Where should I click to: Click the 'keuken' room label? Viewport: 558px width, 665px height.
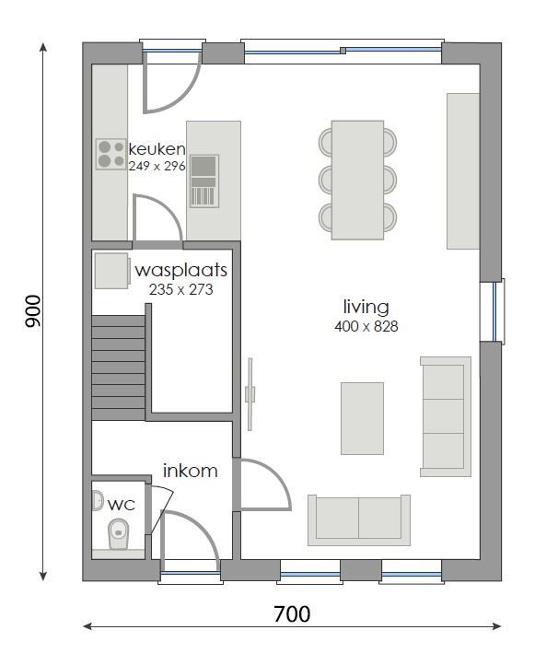point(157,149)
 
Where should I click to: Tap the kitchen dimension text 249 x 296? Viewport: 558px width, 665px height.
point(157,166)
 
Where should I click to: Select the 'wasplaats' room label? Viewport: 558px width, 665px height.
point(180,272)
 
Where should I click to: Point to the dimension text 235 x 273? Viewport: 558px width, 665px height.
point(180,288)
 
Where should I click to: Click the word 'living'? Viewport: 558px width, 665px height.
point(366,307)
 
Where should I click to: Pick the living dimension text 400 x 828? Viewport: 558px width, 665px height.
point(366,326)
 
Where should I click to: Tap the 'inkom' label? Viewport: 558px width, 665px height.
point(191,472)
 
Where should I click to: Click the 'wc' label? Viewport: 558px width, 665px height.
point(122,505)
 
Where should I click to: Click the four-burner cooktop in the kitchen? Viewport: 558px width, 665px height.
point(111,154)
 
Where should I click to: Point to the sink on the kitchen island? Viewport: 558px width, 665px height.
point(204,181)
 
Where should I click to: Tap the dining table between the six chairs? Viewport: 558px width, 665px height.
point(357,180)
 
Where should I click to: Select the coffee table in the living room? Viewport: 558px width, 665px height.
point(362,419)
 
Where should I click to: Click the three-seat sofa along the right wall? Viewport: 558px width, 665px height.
point(445,416)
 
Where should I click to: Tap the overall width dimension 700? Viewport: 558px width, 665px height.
point(291,613)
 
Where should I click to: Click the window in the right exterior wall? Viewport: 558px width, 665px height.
point(497,311)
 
